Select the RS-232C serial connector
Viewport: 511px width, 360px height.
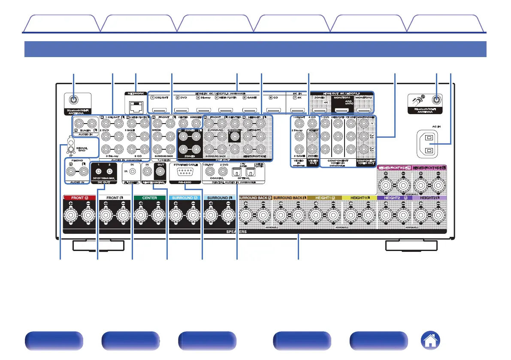point(184,173)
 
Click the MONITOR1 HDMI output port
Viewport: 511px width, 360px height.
point(341,110)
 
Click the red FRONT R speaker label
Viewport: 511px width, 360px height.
point(79,198)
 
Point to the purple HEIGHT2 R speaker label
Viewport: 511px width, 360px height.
point(394,198)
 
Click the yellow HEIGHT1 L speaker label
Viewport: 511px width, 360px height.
point(359,198)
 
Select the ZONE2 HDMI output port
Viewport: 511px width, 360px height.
point(317,110)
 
